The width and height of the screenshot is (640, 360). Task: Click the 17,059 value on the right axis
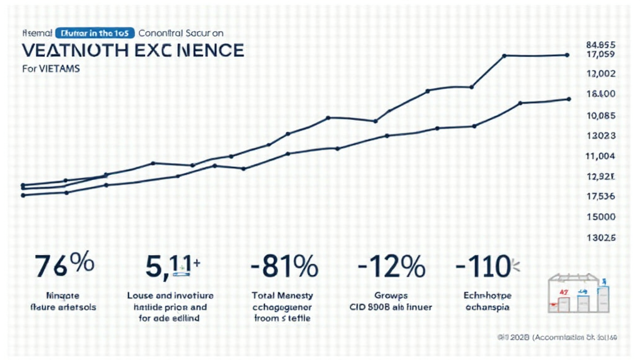(x=601, y=55)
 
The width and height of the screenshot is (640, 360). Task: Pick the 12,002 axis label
(x=601, y=74)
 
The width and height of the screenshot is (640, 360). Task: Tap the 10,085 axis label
(x=601, y=116)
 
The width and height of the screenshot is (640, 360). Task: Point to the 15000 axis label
(x=601, y=217)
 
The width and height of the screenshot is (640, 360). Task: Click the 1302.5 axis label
(x=601, y=238)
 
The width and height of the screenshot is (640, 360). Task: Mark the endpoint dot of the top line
(x=567, y=55)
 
